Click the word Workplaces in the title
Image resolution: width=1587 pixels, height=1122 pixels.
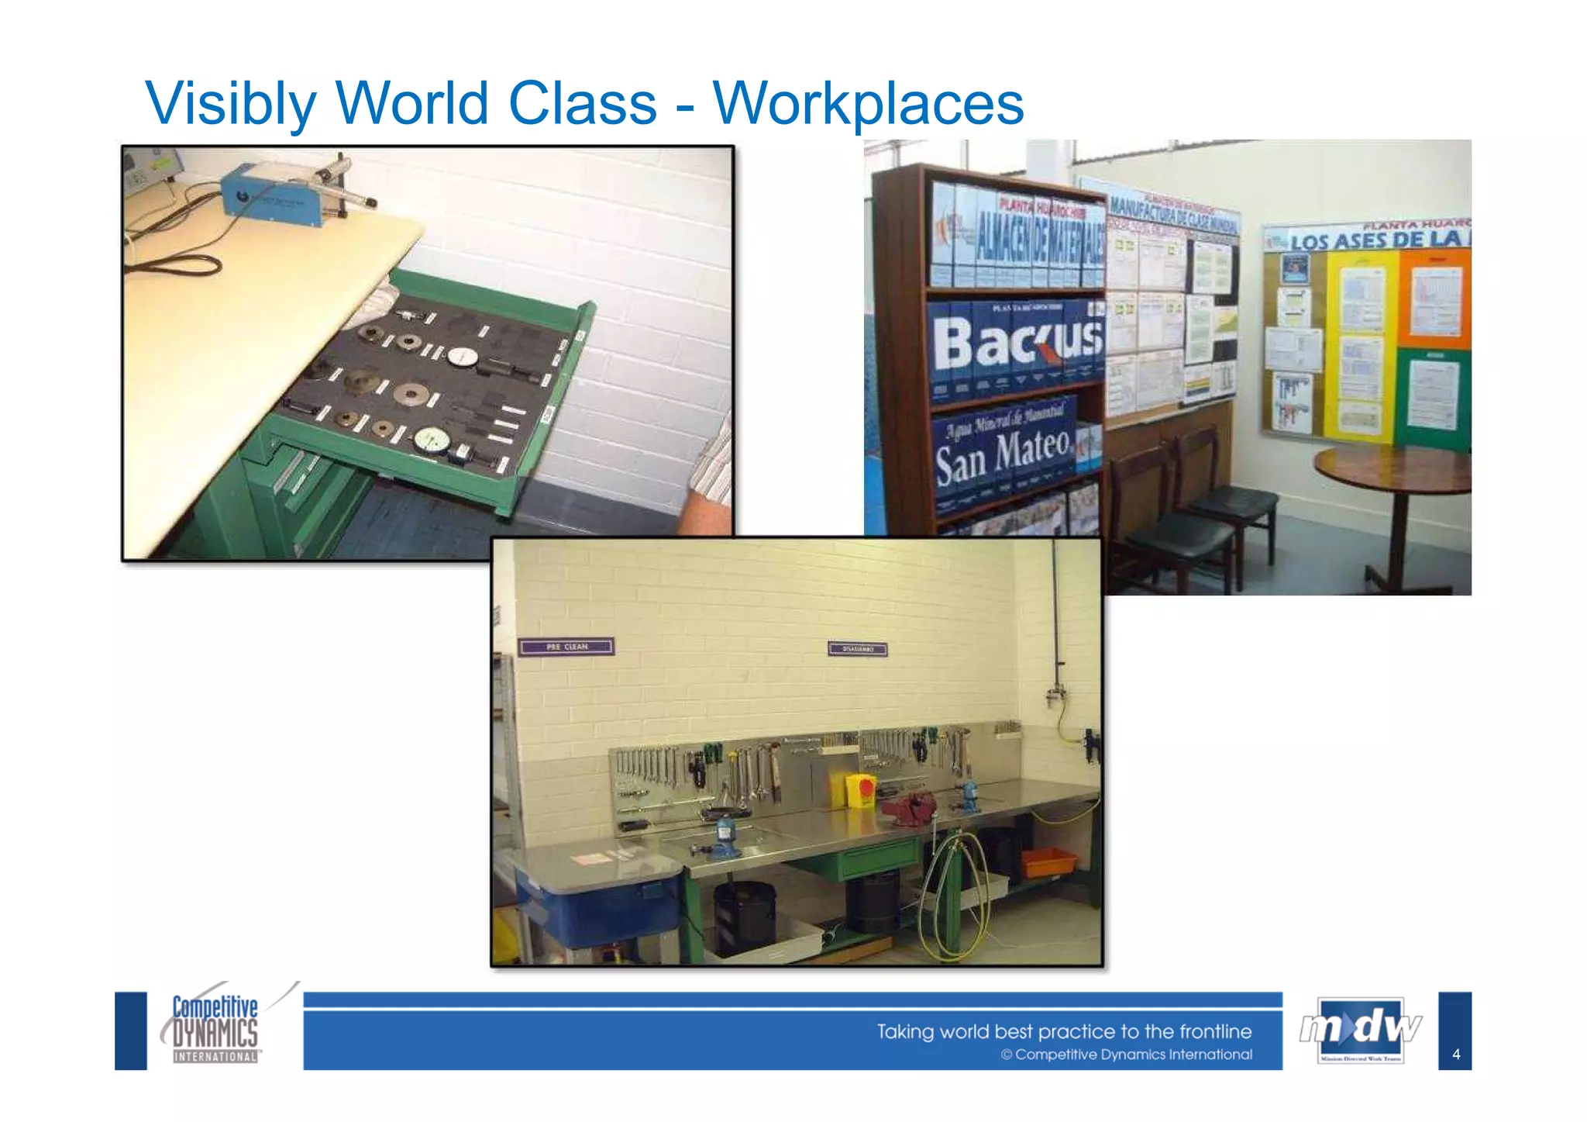(x=868, y=103)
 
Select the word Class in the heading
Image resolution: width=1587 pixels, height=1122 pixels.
(x=582, y=103)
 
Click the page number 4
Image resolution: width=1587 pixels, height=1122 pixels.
(x=1456, y=1054)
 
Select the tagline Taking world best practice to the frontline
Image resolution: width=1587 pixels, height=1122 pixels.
(x=1063, y=1031)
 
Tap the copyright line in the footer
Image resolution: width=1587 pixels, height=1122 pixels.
(x=1126, y=1055)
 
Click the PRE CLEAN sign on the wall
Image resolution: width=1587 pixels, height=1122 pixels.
(x=566, y=646)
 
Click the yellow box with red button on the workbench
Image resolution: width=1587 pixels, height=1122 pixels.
(x=859, y=789)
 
